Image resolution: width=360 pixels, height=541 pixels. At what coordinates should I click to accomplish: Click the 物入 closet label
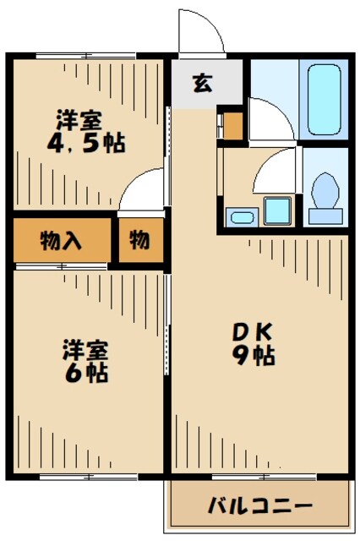(x=61, y=242)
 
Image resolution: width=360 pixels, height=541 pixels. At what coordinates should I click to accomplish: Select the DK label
(x=252, y=332)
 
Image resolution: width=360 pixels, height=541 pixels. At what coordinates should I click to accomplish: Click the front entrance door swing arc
(x=203, y=34)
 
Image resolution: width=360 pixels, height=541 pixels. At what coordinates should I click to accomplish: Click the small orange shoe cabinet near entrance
(x=232, y=125)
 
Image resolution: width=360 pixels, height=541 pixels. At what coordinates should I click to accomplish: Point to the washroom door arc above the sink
(x=275, y=173)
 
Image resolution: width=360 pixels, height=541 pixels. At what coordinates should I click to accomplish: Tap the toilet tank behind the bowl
(x=324, y=216)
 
